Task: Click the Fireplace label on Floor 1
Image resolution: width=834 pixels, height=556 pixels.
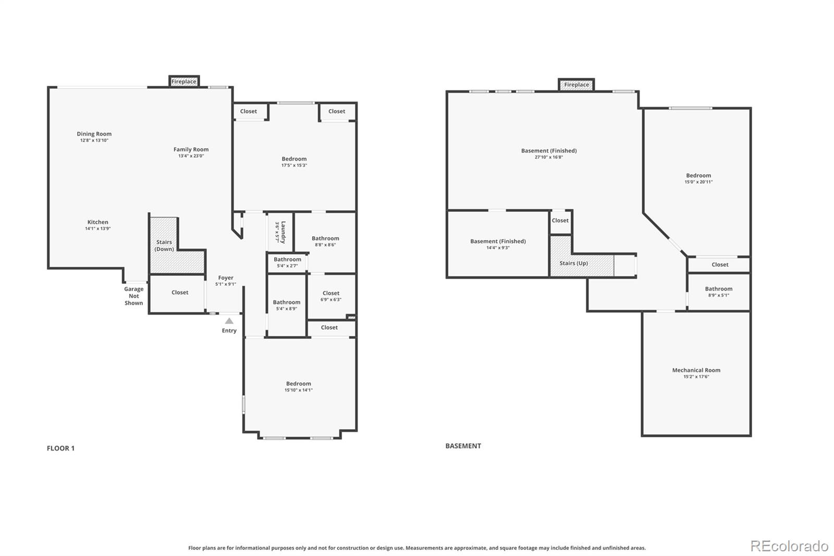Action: click(x=184, y=81)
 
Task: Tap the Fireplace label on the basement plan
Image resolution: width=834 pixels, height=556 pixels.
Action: click(x=577, y=84)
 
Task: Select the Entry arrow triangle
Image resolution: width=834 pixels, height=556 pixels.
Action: click(x=229, y=321)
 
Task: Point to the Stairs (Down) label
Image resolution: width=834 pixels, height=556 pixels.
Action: click(x=164, y=246)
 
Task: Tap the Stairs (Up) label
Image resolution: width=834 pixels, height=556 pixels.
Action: click(x=573, y=263)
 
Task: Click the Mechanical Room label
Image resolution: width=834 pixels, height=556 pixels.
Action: click(x=696, y=370)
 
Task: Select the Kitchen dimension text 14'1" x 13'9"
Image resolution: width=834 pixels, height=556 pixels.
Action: click(x=98, y=228)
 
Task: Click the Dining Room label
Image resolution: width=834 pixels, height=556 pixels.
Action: click(x=94, y=134)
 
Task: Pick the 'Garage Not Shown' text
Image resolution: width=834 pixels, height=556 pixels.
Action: click(x=134, y=296)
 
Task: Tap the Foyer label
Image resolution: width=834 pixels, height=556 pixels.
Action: click(x=226, y=278)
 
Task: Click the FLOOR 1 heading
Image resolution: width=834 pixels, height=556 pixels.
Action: click(x=60, y=448)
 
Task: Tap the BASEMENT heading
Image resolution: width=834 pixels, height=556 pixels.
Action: click(x=463, y=446)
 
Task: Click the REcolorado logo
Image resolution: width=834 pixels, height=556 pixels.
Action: click(x=789, y=546)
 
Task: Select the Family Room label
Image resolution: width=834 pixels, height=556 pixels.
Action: click(x=191, y=150)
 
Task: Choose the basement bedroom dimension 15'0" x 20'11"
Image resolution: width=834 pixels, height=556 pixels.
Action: click(x=698, y=182)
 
